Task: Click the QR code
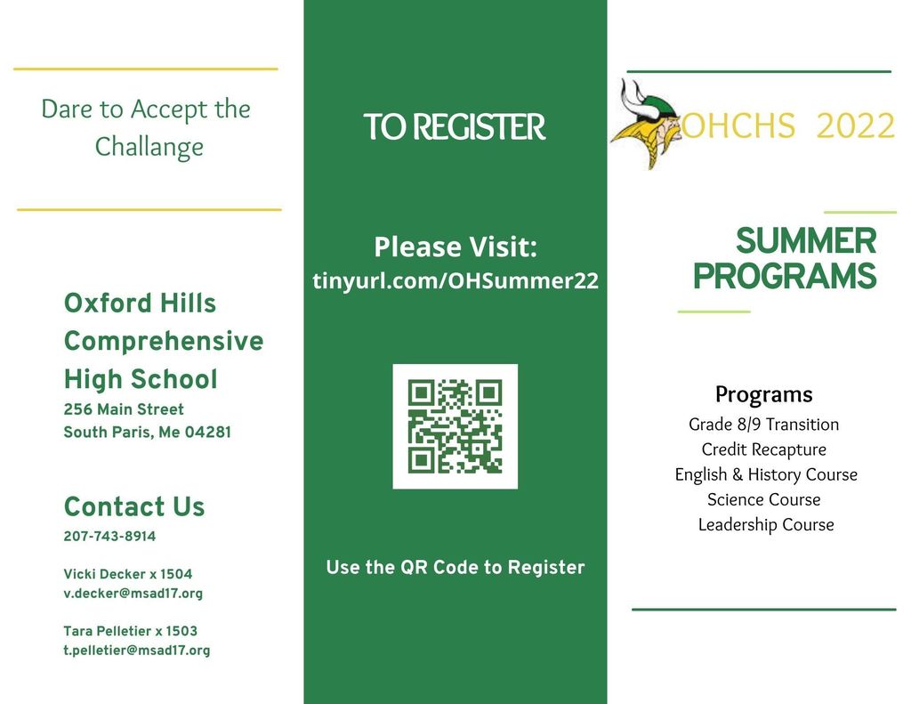(x=455, y=426)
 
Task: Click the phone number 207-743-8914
(x=109, y=537)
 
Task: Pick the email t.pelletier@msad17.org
(x=136, y=651)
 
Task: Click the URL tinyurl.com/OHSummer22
(x=455, y=281)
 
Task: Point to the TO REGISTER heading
(x=454, y=128)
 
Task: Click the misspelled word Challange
(x=149, y=146)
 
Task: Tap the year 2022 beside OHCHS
(x=854, y=127)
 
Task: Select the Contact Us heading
(x=134, y=507)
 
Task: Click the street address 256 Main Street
(x=124, y=409)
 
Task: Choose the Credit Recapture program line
(x=763, y=449)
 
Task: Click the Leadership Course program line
(x=765, y=524)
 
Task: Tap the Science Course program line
(x=763, y=499)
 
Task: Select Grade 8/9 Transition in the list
(x=763, y=425)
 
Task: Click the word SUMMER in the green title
(x=806, y=241)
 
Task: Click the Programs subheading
(x=763, y=394)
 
